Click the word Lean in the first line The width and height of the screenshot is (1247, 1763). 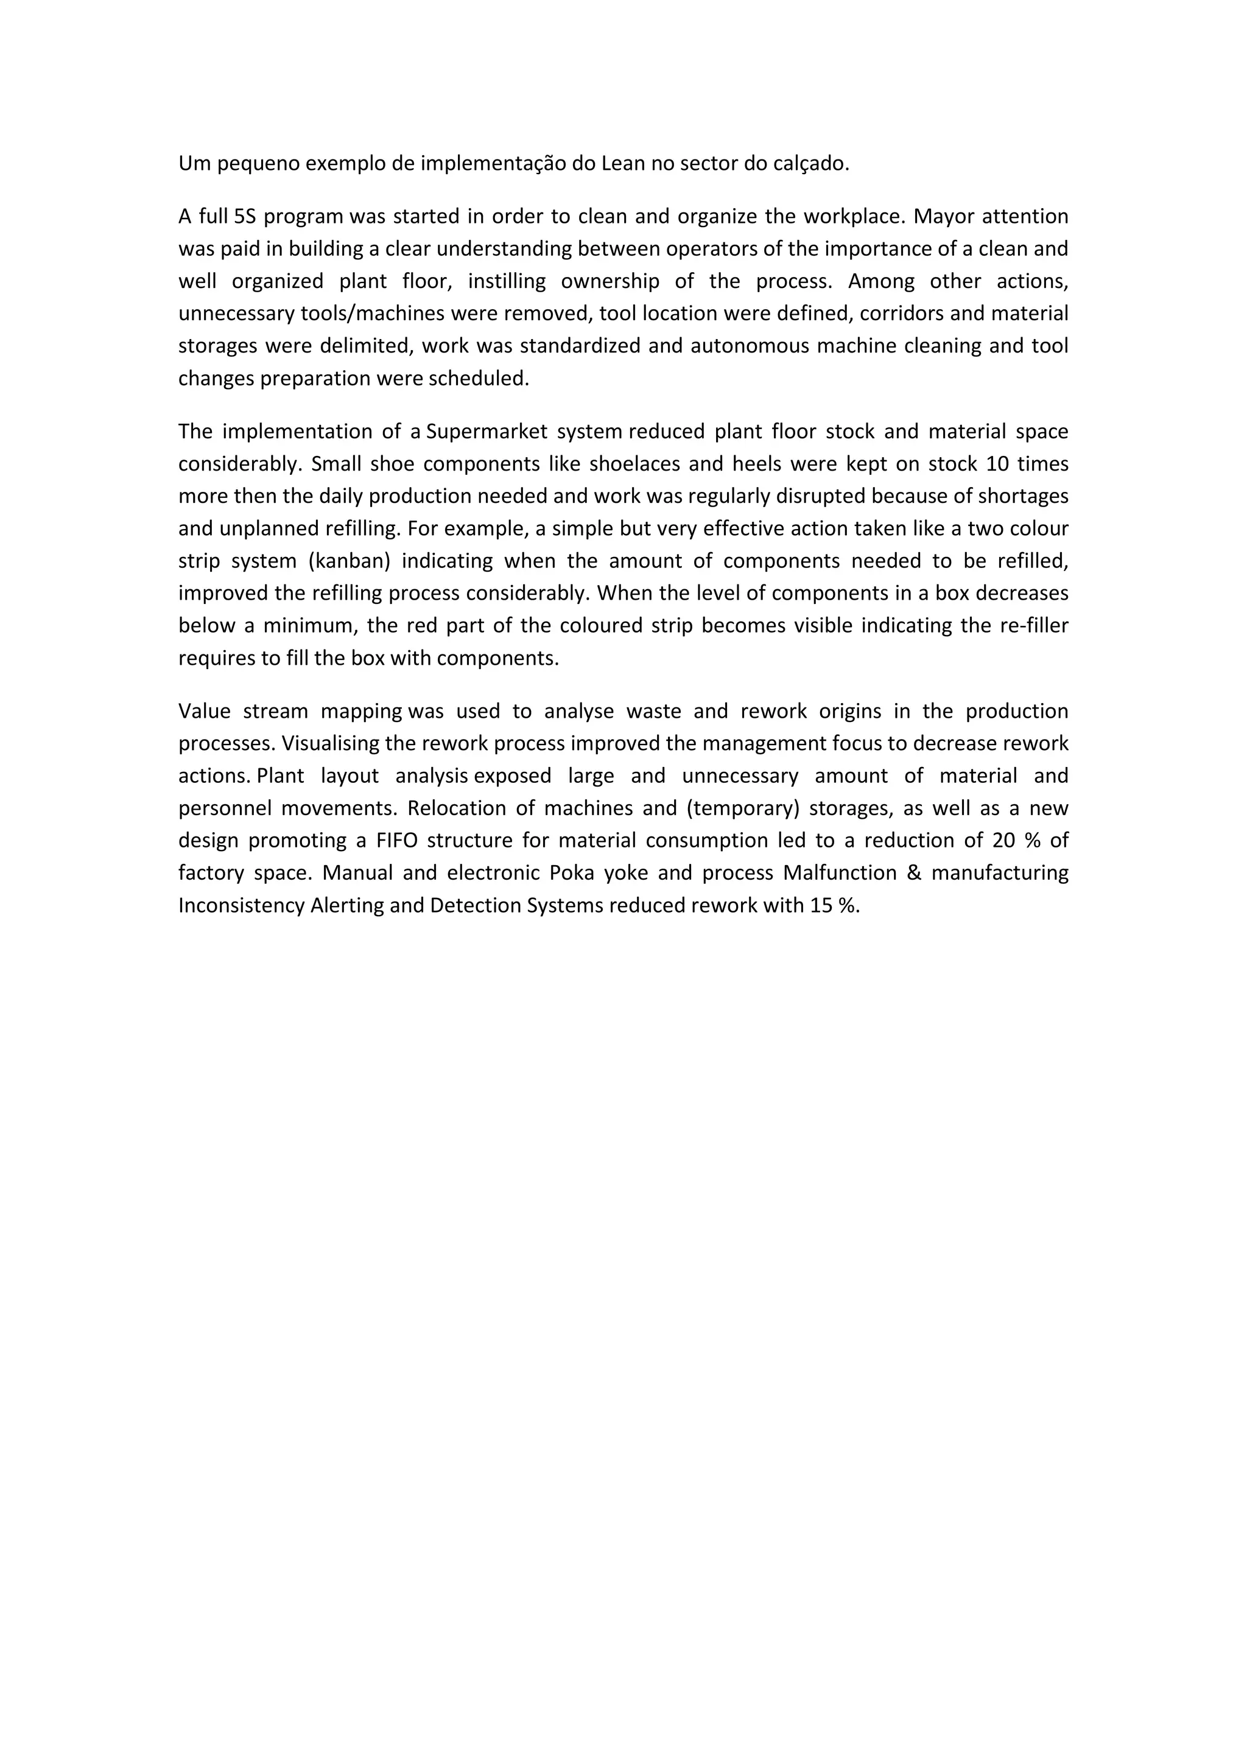(x=623, y=164)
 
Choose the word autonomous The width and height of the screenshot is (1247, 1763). (x=749, y=346)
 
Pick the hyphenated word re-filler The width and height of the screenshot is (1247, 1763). (x=1033, y=626)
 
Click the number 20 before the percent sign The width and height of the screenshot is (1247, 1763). (x=1003, y=841)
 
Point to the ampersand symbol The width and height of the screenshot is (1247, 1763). (x=914, y=873)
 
